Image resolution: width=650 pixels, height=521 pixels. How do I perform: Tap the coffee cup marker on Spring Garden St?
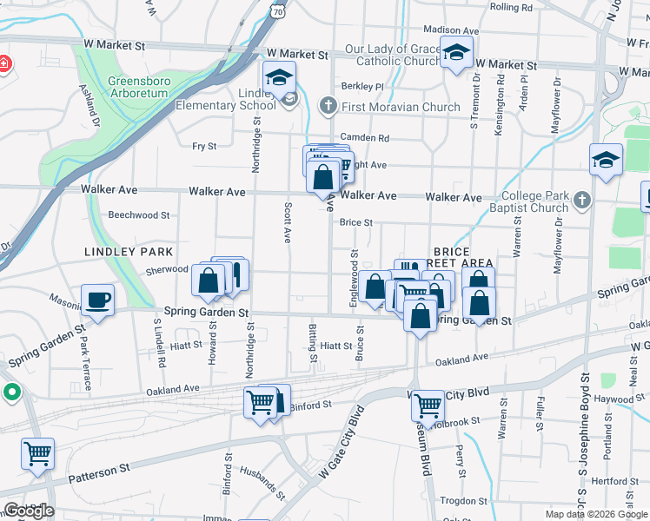pos(97,300)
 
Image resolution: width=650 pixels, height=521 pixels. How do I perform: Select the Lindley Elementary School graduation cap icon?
pos(280,76)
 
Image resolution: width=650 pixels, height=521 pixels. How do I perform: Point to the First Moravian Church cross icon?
pos(328,107)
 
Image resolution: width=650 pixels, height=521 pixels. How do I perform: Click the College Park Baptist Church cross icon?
pos(581,201)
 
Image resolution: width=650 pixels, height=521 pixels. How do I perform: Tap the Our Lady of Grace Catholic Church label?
pos(392,55)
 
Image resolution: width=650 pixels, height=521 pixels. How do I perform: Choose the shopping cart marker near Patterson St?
pos(37,453)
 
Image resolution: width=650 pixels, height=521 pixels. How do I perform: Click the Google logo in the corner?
pos(29,510)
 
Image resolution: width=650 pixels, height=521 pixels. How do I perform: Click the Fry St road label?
pos(204,147)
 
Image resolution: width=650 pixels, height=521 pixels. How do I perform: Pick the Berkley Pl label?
pos(362,86)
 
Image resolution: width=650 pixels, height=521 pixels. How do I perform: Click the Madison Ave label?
pos(446,30)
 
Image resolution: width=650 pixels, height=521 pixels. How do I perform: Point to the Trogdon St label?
pos(462,501)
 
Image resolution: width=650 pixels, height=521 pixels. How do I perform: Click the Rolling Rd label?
pos(510,6)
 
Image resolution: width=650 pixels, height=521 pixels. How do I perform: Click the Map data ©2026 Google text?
pos(595,514)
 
